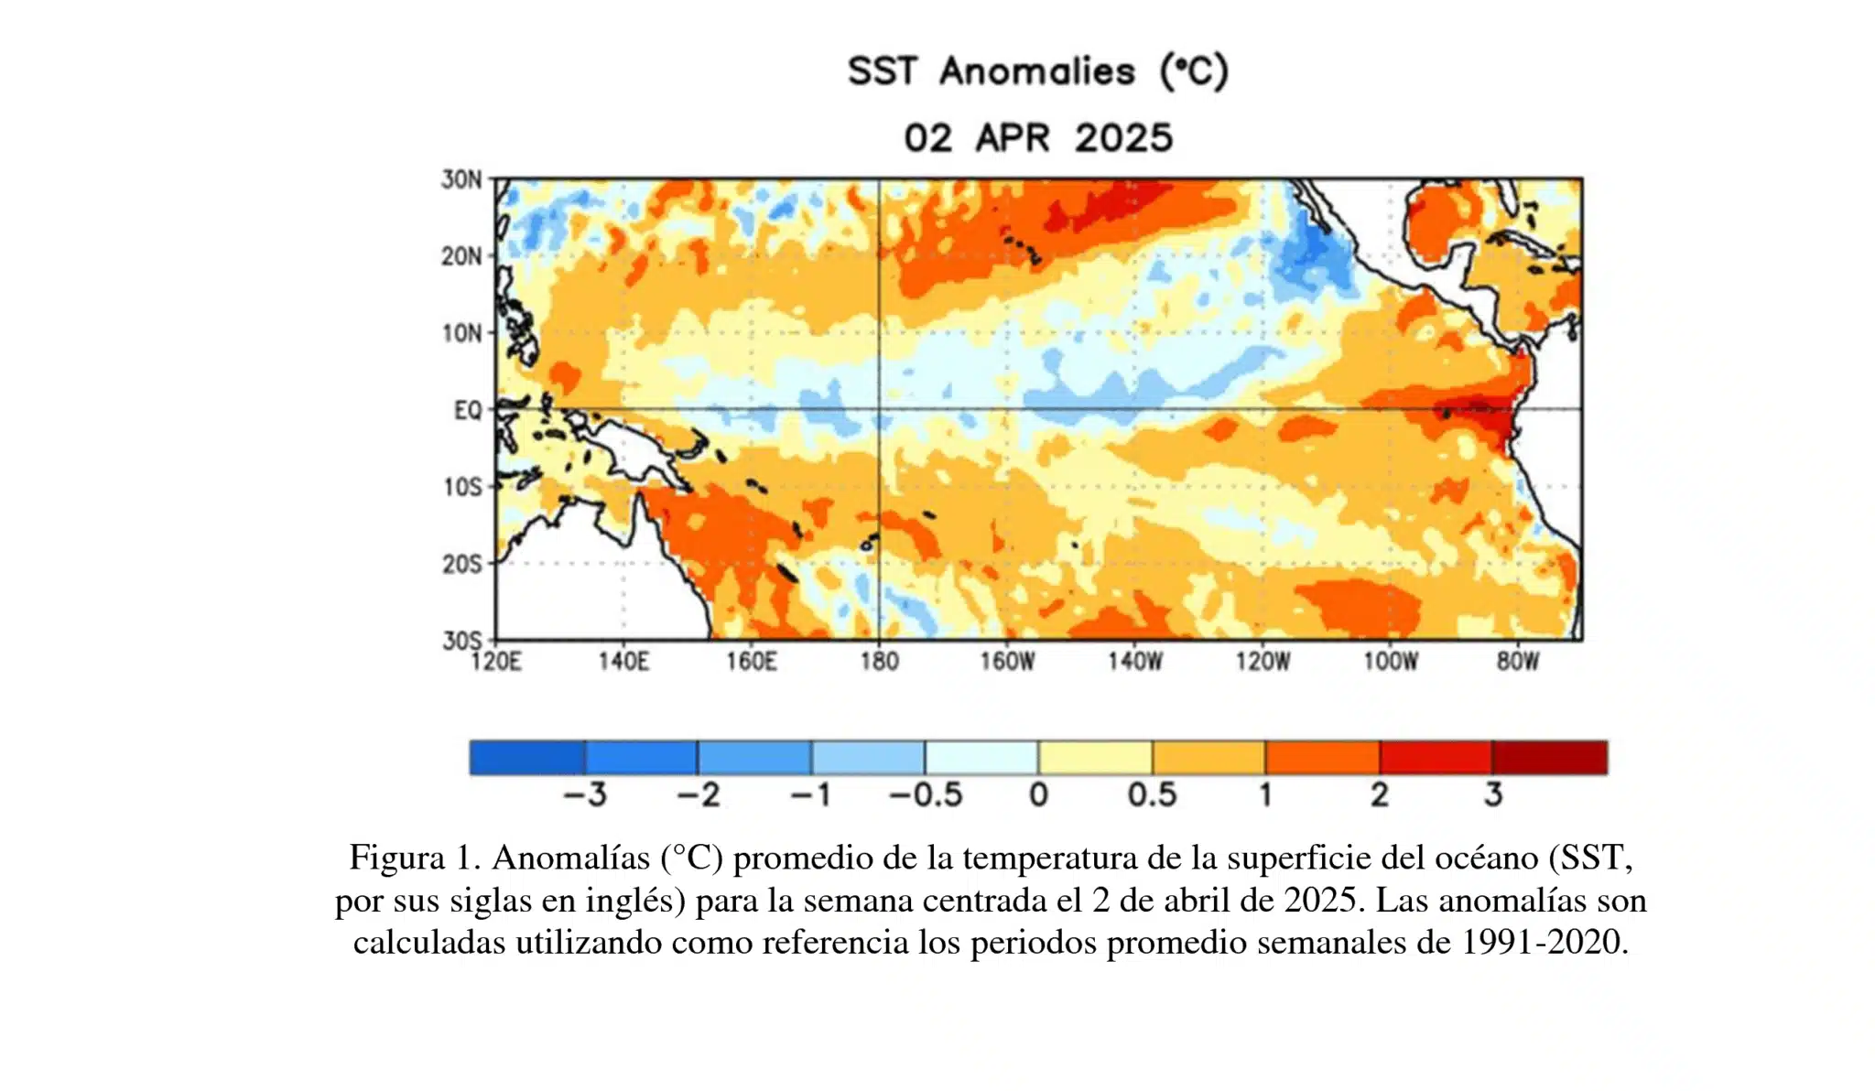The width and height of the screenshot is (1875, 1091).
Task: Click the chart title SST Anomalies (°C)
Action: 1037,71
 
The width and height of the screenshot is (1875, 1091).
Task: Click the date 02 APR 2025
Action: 1037,138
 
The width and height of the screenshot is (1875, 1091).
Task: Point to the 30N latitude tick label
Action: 461,179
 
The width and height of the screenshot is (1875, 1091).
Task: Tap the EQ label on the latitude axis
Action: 467,410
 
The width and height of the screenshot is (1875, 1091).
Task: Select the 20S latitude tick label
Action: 461,564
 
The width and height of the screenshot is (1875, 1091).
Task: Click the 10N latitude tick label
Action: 461,333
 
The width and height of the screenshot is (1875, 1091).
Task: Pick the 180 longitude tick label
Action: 879,661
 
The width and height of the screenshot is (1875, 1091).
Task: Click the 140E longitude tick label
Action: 623,661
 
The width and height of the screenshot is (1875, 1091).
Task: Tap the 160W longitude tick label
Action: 1007,661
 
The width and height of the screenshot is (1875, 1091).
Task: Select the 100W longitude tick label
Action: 1390,661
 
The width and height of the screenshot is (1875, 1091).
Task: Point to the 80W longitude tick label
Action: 1517,661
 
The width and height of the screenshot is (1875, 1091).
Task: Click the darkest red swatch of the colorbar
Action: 1549,758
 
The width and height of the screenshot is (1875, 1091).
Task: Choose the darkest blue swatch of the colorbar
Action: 526,758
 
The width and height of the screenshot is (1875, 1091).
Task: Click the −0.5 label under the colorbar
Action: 926,794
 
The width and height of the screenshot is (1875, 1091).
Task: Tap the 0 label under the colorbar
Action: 1038,794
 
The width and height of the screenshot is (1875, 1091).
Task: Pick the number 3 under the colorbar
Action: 1492,794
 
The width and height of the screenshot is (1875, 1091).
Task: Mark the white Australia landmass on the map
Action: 586,586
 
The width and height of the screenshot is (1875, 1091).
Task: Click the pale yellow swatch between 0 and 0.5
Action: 1095,758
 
